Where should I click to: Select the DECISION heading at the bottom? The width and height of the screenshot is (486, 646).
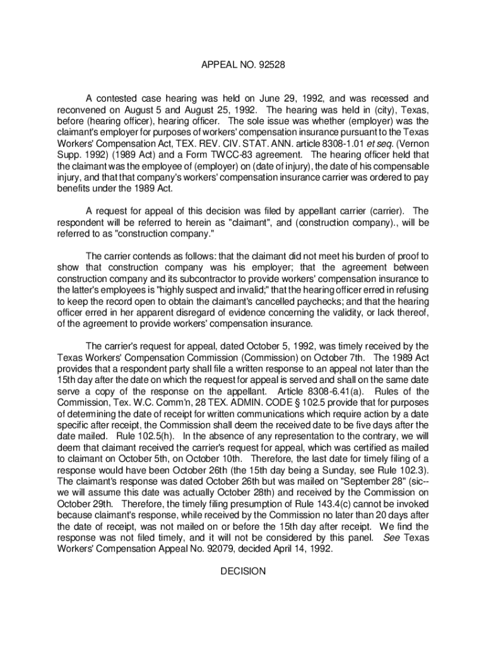(x=243, y=572)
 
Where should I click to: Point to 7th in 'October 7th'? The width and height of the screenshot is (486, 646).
(x=355, y=357)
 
